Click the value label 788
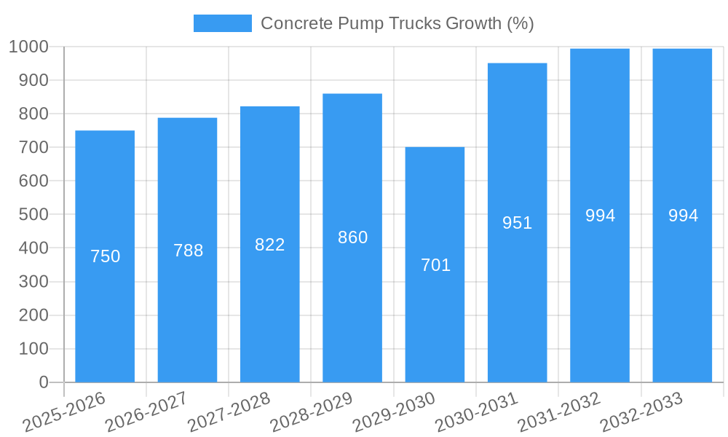[188, 251]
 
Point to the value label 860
[352, 237]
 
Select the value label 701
[435, 265]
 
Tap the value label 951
[517, 223]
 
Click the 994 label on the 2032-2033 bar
[683, 216]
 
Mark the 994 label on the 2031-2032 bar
[600, 216]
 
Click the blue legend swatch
[222, 23]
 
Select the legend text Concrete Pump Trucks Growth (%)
[397, 23]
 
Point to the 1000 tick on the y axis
[28, 47]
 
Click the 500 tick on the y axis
[33, 215]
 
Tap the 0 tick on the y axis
[43, 382]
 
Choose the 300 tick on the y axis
[33, 282]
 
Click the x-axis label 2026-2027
[146, 412]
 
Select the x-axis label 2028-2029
[312, 412]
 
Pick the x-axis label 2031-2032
[559, 412]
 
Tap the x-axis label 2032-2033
[641, 412]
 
